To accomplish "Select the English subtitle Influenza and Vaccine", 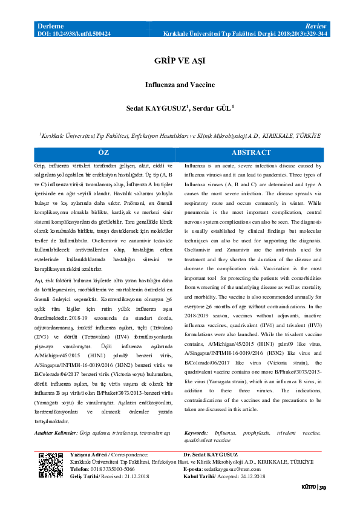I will [180, 85].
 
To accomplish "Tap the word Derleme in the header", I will [51, 27].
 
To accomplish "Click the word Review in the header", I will [316, 27].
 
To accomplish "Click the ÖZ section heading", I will [103, 153].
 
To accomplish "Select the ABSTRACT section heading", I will [255, 153].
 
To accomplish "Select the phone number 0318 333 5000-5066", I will [111, 469].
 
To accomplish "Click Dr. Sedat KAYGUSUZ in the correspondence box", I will [210, 455].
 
